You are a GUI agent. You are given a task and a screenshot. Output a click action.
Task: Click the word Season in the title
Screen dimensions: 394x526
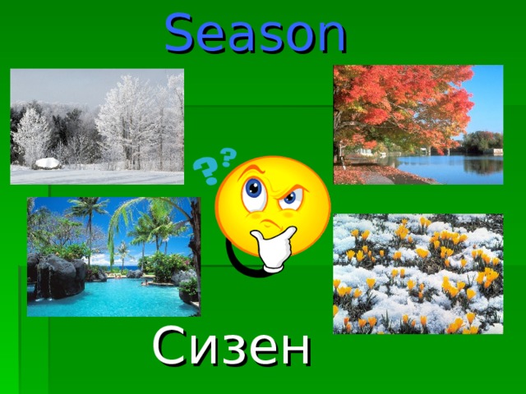click(x=256, y=33)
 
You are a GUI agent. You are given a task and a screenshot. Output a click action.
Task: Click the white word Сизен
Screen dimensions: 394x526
click(x=232, y=347)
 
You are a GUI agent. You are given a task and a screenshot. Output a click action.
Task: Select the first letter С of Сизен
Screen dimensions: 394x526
click(x=168, y=347)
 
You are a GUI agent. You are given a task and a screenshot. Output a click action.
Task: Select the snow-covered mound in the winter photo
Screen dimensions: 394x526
click(x=48, y=163)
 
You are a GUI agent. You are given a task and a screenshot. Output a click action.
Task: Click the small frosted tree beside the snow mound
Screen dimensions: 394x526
click(x=31, y=136)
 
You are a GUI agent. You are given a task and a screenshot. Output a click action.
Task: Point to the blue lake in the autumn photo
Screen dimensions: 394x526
click(x=460, y=168)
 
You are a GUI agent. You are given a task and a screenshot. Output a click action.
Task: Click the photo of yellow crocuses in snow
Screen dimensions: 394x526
click(x=418, y=273)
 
